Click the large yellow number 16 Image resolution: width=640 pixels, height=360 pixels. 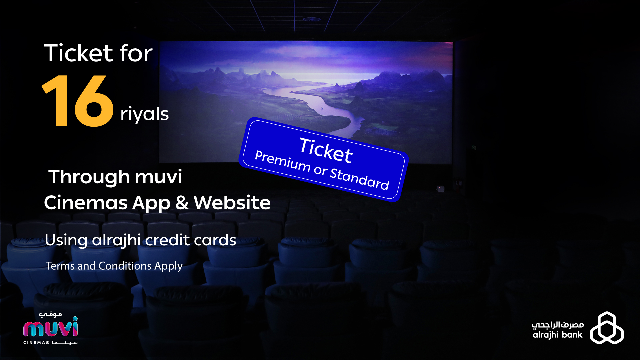click(78, 101)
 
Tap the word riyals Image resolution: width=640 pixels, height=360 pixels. click(144, 114)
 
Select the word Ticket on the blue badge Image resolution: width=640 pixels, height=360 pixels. click(326, 150)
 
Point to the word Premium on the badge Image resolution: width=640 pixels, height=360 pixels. click(283, 161)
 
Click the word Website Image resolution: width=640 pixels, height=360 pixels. click(232, 202)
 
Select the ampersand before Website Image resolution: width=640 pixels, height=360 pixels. click(182, 203)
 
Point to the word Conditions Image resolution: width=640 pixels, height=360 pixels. click(125, 266)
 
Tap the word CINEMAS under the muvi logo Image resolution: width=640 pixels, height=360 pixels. click(36, 343)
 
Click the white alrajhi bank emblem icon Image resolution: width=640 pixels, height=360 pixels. click(607, 328)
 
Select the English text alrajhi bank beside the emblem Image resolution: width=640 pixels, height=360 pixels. click(557, 335)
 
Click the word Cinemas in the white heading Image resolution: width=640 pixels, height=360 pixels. click(86, 203)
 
